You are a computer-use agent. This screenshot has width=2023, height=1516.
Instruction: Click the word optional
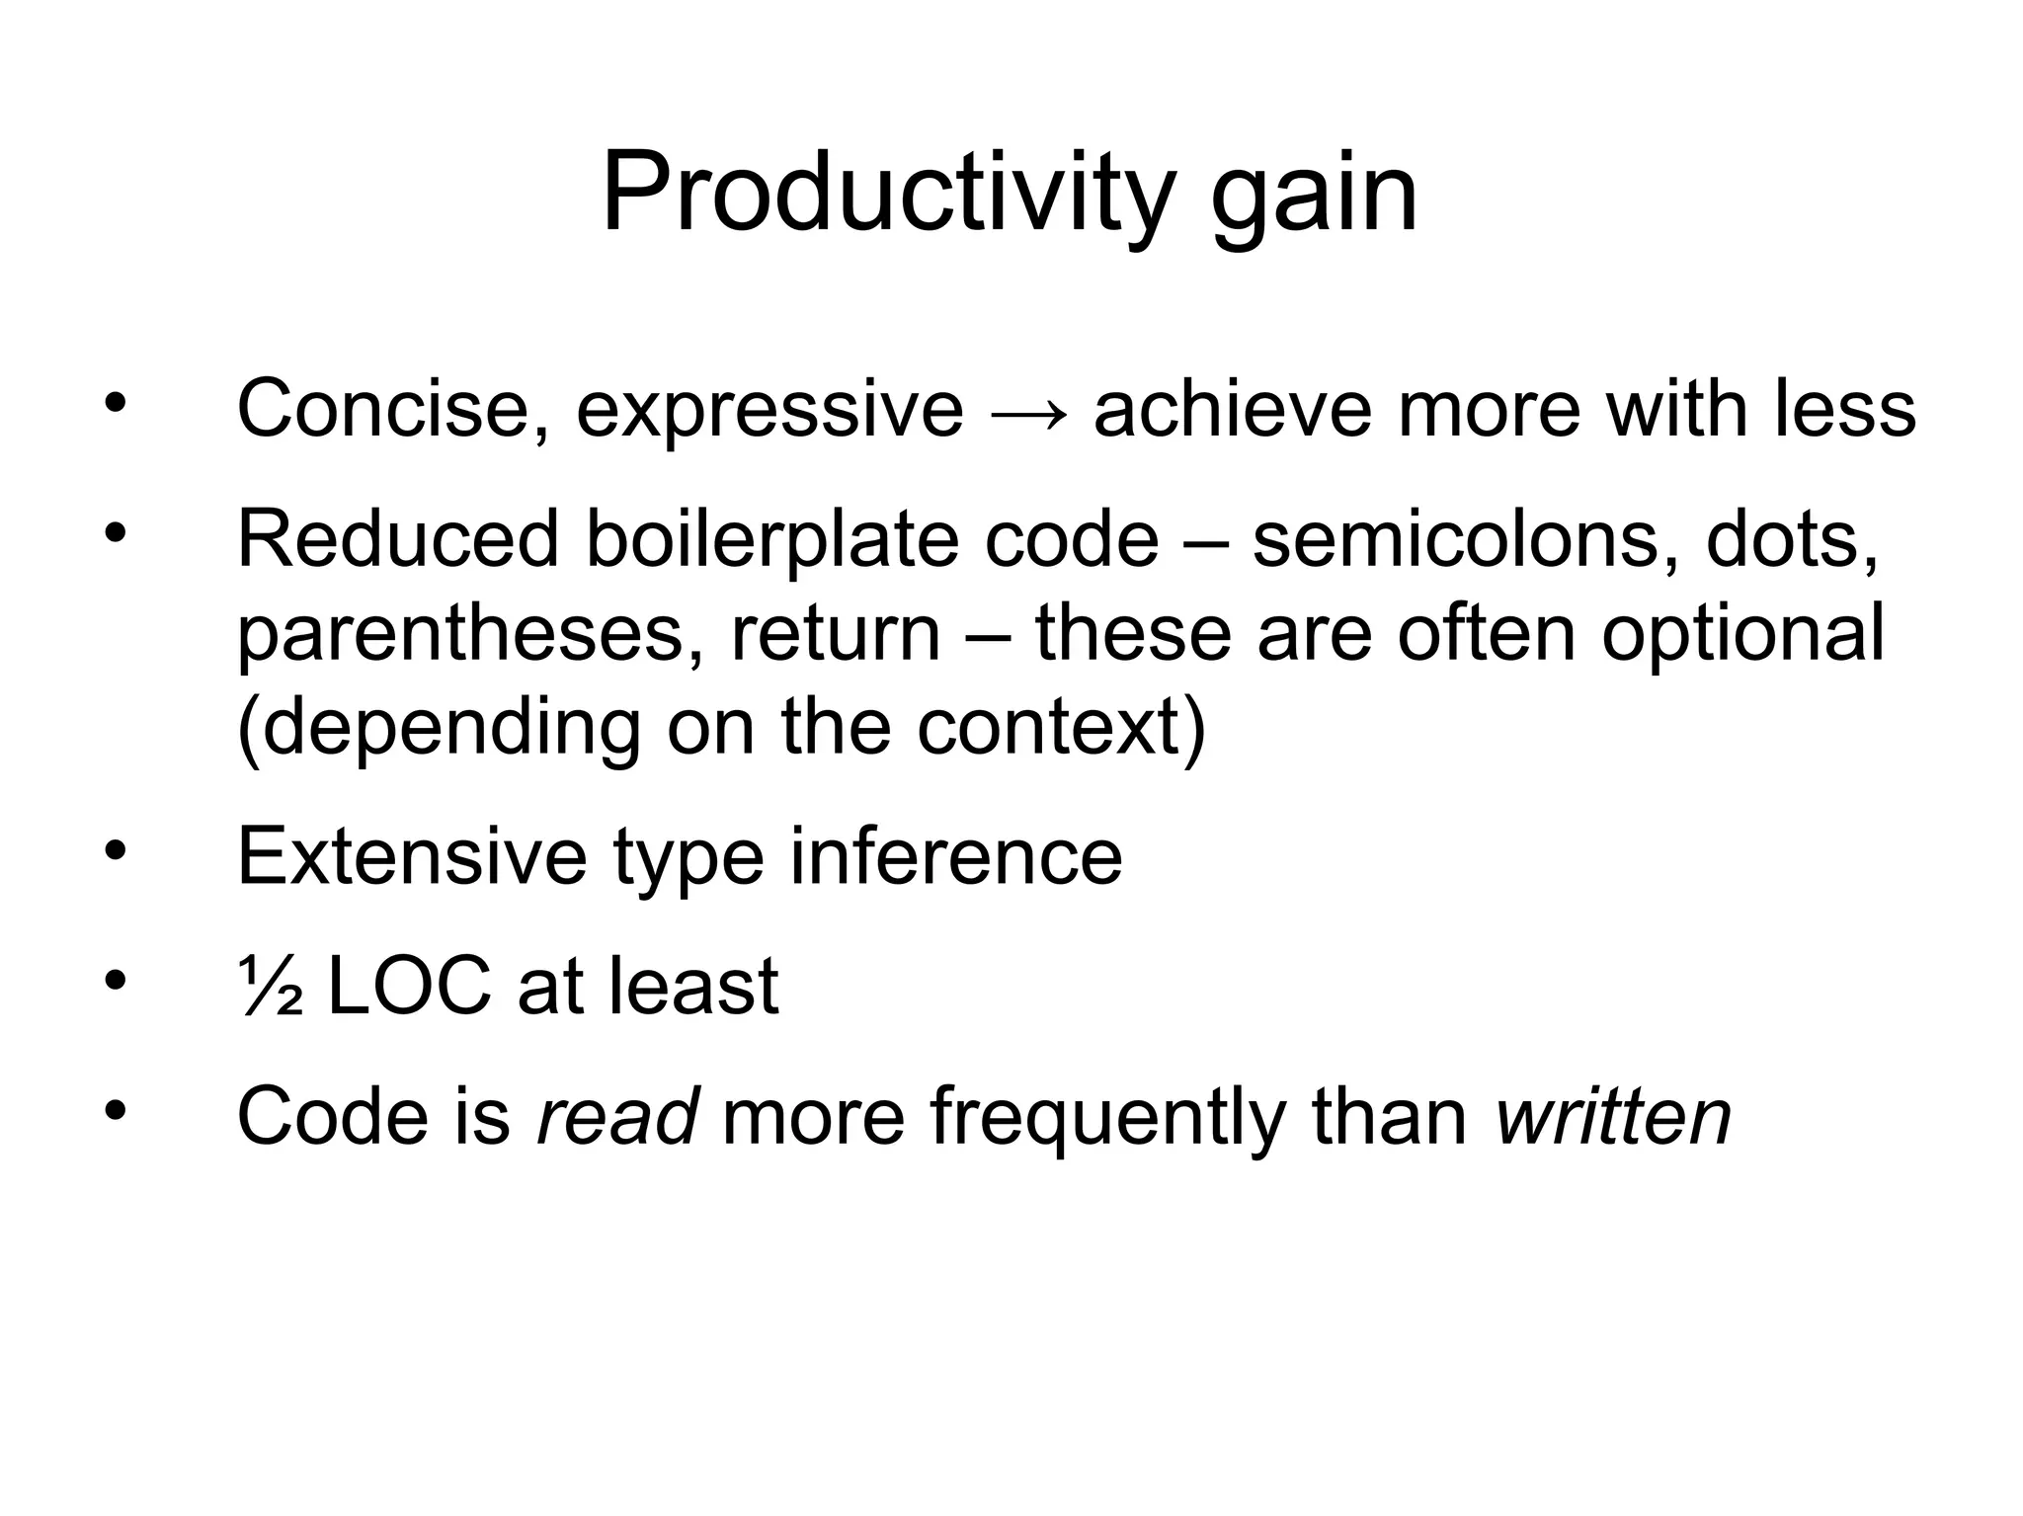1742,635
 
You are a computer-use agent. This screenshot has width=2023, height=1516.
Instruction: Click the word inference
955,856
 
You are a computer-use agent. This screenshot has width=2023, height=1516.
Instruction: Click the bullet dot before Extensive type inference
116,850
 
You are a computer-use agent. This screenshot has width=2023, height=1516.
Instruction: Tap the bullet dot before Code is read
116,1110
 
